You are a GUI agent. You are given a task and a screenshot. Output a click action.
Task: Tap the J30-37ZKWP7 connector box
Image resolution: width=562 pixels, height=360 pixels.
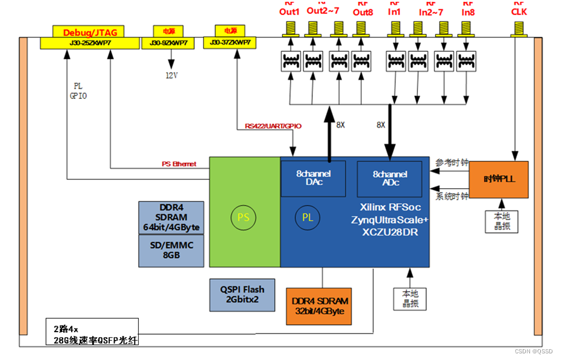click(x=230, y=43)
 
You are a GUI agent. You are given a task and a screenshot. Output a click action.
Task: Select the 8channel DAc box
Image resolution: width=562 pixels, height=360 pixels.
click(x=314, y=178)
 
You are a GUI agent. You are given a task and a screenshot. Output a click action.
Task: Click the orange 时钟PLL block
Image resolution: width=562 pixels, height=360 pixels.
click(x=499, y=180)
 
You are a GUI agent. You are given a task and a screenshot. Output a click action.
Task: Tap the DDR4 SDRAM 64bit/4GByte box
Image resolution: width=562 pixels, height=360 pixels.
click(x=171, y=217)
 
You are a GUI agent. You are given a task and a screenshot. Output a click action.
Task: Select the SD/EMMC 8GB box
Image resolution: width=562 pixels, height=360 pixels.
click(x=171, y=250)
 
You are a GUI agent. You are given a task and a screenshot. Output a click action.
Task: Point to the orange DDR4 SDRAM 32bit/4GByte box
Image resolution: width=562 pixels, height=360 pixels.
click(x=320, y=306)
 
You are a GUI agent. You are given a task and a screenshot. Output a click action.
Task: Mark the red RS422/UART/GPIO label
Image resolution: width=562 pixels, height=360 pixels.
click(x=273, y=126)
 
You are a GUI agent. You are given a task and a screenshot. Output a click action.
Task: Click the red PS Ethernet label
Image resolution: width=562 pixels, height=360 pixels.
click(x=179, y=164)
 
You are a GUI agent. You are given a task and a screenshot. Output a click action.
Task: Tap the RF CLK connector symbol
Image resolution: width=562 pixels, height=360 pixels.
click(x=517, y=28)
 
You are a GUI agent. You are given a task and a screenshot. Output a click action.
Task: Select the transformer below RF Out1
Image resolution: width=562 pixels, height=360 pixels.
click(x=291, y=61)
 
